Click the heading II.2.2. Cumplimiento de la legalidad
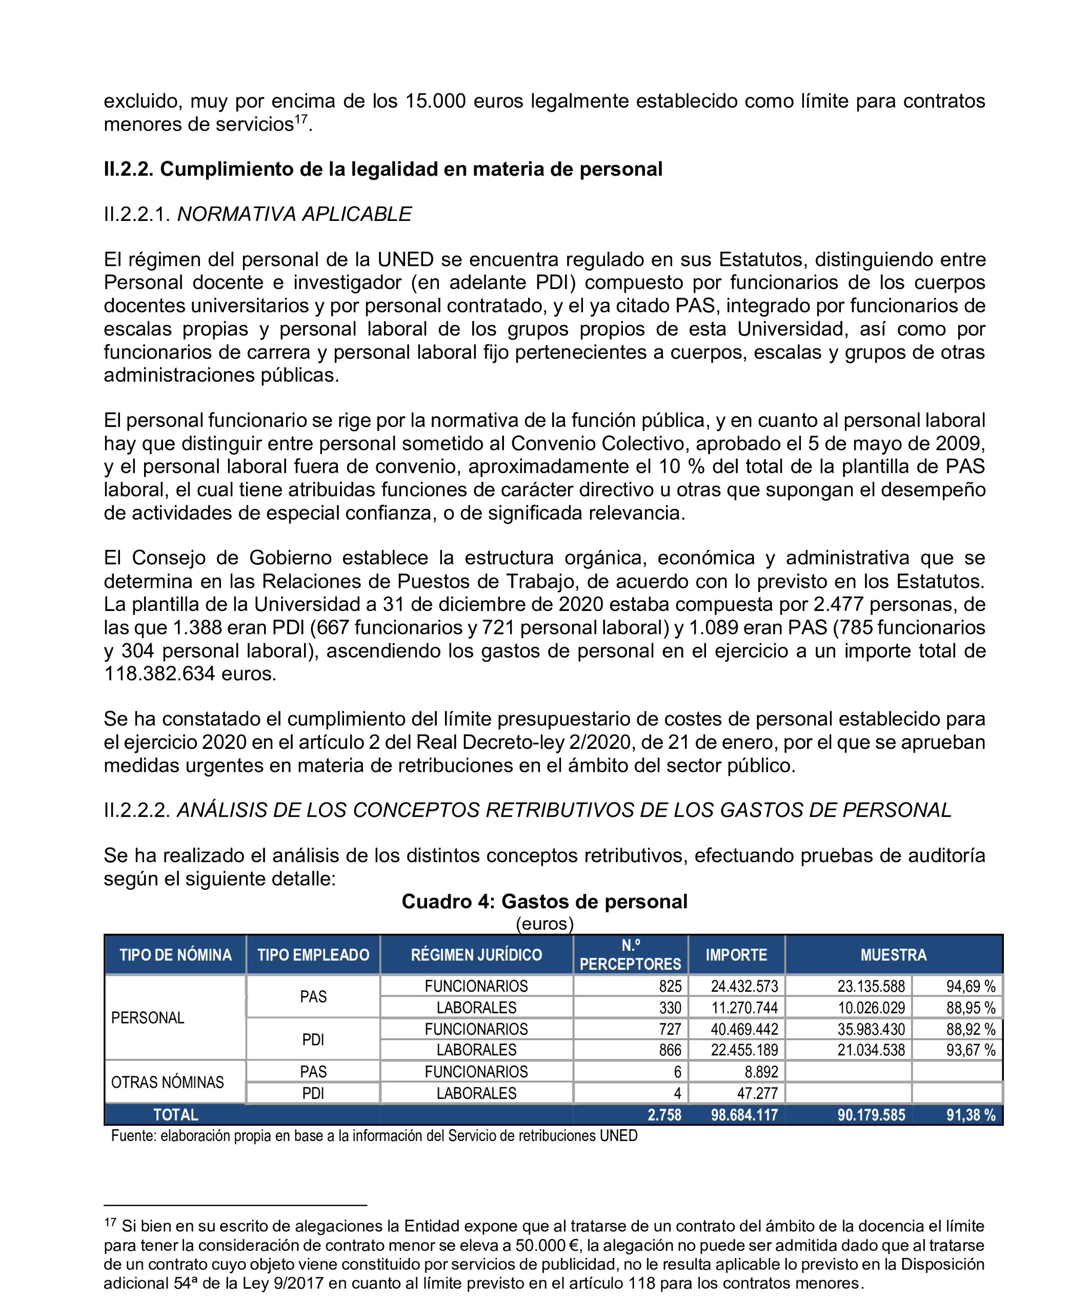(382, 169)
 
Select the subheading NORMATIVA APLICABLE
(294, 214)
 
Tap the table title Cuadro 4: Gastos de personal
(544, 901)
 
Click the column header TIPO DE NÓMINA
(175, 954)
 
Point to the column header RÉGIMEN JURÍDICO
(476, 954)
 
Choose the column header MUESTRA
(893, 954)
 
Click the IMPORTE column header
(736, 954)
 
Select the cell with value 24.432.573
(744, 986)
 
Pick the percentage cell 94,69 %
(970, 986)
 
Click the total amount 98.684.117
(744, 1115)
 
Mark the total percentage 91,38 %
(970, 1115)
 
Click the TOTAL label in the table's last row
(176, 1115)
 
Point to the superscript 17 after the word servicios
(300, 118)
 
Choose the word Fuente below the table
(132, 1136)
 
